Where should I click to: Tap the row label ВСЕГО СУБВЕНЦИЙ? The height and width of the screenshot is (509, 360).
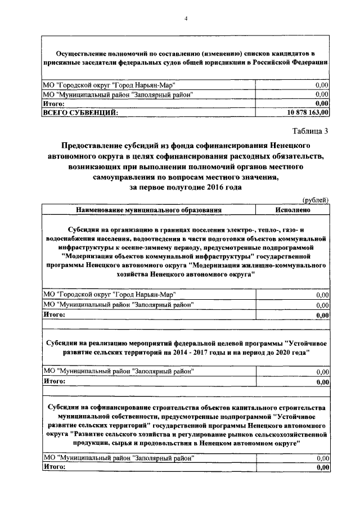(x=80, y=112)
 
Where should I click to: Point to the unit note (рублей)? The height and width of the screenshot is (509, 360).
(x=316, y=200)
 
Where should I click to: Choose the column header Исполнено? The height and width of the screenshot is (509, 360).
(x=292, y=209)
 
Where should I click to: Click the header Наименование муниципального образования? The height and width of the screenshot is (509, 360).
(x=149, y=209)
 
